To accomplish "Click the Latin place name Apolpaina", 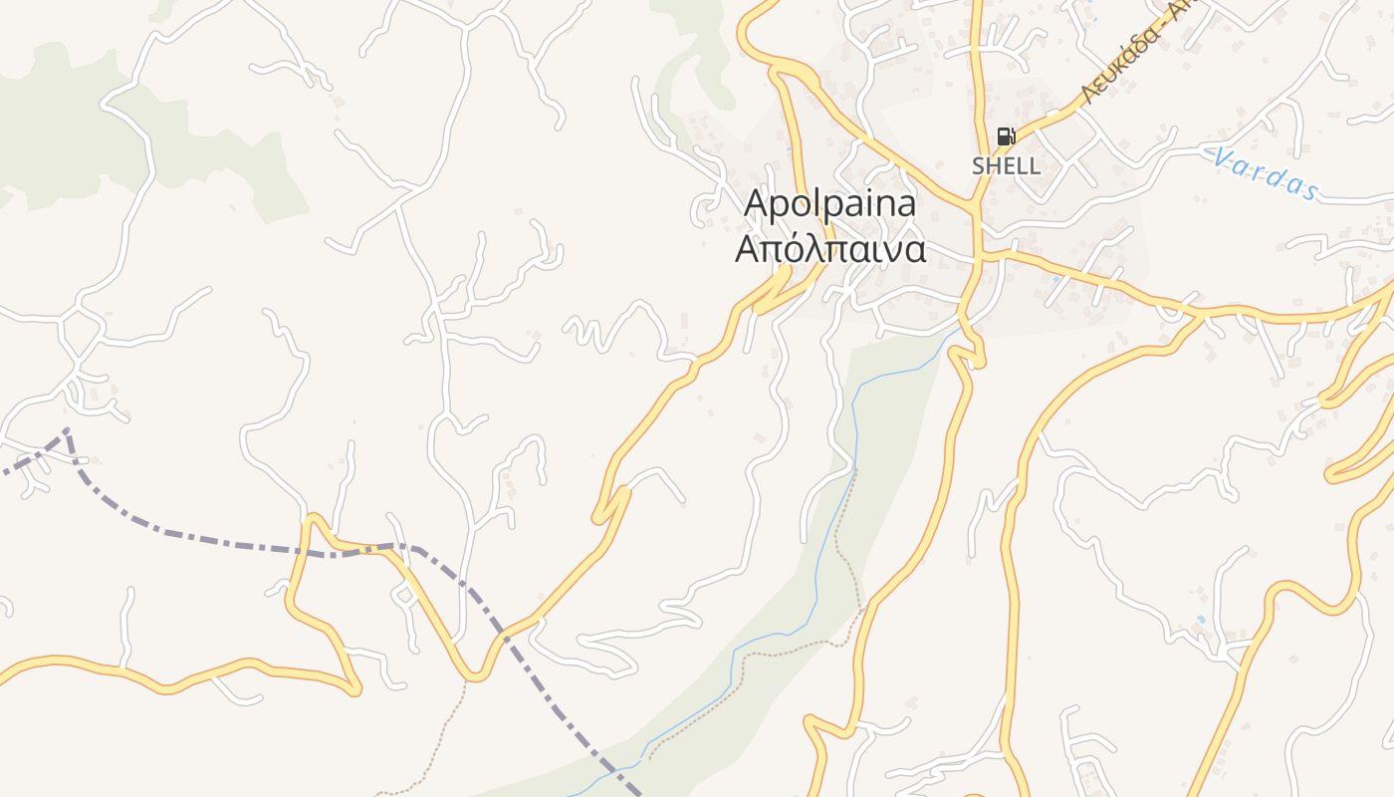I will (x=829, y=204).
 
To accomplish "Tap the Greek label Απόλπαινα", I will (x=829, y=249).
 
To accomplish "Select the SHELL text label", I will (x=1006, y=166).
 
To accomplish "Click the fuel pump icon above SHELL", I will (x=1006, y=136).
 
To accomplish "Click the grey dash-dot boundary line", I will (x=229, y=543).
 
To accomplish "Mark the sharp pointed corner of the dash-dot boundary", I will (x=66, y=430).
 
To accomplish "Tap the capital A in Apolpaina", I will (x=758, y=204).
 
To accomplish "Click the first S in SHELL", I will (x=979, y=166).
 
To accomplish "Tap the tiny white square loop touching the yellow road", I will (x=405, y=596).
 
